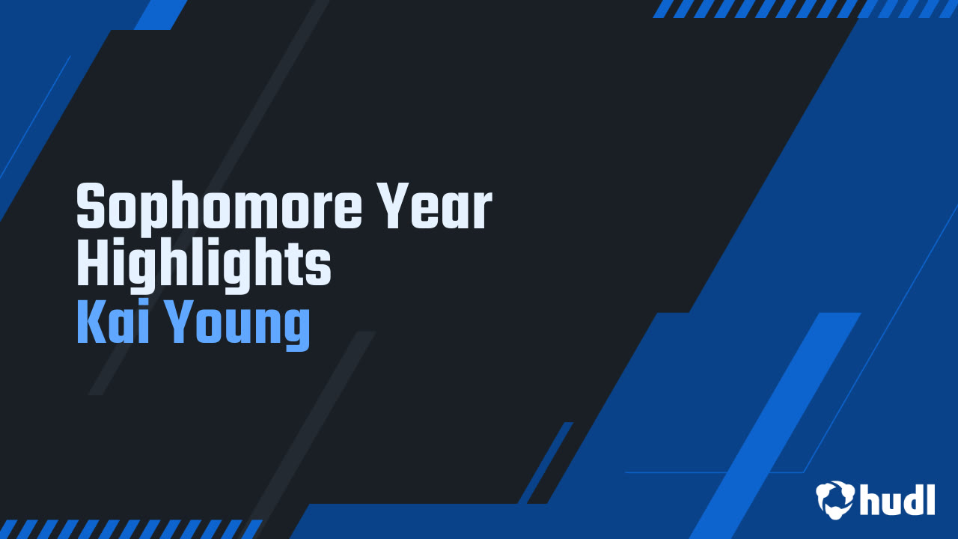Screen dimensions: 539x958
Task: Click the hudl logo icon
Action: point(835,499)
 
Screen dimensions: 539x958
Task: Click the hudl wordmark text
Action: point(897,499)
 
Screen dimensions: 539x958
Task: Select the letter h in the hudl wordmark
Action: point(871,499)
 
